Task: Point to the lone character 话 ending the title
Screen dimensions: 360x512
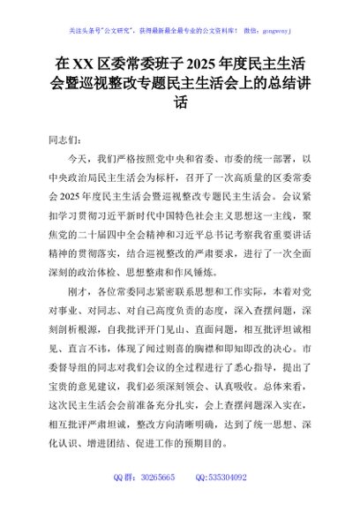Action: pyautogui.click(x=180, y=102)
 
